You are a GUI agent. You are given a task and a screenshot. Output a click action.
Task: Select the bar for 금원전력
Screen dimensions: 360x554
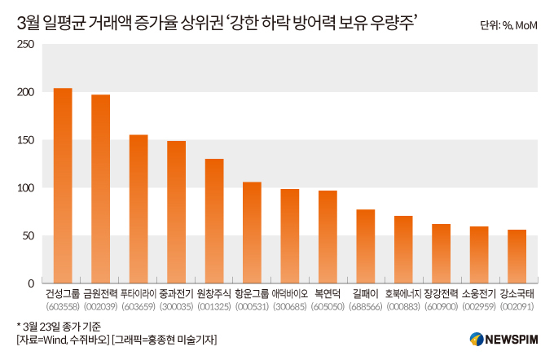[101, 189]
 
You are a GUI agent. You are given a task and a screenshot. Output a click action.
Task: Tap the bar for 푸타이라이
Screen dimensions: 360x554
[138, 209]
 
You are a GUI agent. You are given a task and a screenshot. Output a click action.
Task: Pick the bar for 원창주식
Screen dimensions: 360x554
[214, 221]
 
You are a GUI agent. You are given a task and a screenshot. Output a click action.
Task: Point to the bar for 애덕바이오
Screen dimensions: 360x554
[290, 236]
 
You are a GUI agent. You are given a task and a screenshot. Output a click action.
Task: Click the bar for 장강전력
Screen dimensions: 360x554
[442, 254]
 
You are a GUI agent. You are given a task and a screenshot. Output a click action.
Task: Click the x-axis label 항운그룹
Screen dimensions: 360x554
[253, 294]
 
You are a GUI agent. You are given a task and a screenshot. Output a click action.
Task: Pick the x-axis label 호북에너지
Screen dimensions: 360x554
[403, 294]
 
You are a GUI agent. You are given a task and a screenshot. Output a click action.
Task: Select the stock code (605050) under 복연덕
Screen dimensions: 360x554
[328, 306]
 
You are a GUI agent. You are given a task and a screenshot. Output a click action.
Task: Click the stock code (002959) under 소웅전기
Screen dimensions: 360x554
[479, 306]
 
